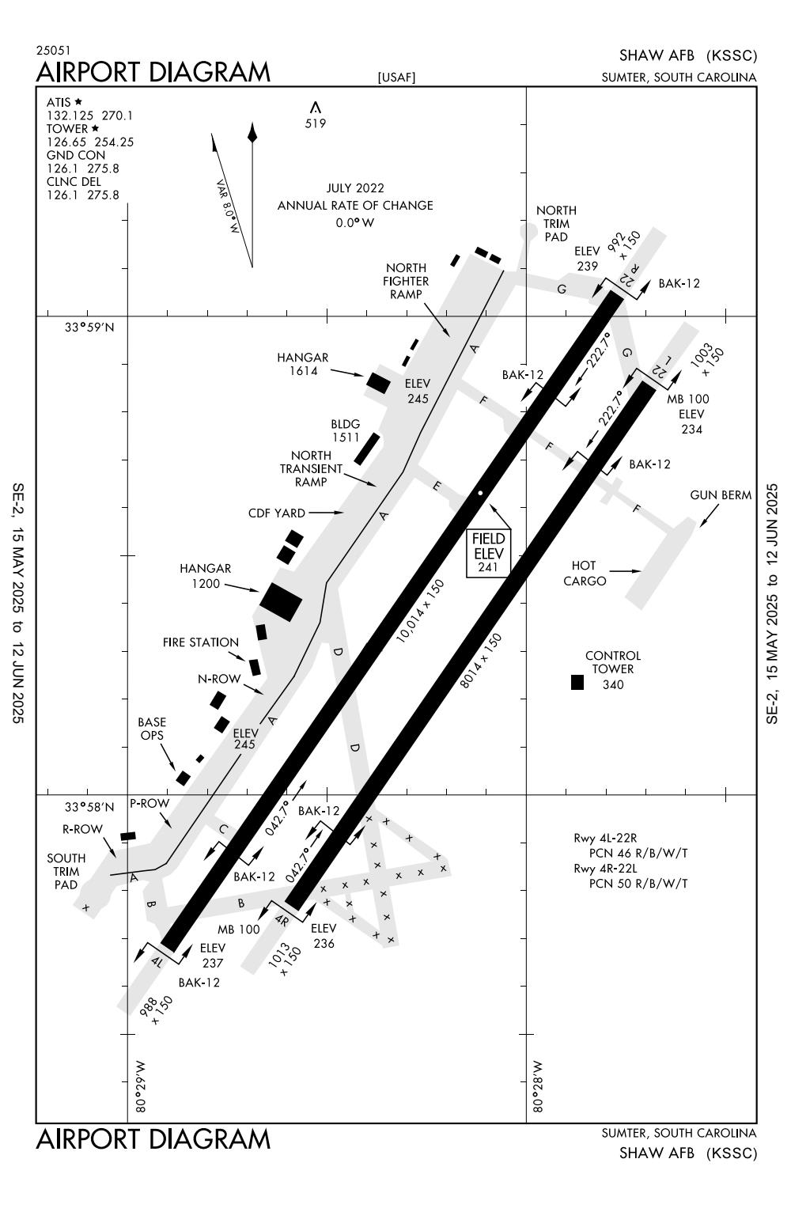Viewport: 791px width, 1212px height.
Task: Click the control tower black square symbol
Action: point(577,682)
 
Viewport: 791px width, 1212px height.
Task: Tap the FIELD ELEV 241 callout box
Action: point(489,553)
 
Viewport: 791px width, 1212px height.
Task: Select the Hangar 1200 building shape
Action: point(281,602)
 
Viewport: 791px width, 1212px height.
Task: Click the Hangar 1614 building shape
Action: point(378,383)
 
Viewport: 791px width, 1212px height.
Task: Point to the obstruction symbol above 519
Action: point(316,107)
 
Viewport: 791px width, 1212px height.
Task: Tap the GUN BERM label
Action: point(721,494)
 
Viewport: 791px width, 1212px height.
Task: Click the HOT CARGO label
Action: point(585,573)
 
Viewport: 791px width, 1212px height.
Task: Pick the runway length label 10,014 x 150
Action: point(420,611)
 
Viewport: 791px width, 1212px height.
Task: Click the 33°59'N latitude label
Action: point(89,328)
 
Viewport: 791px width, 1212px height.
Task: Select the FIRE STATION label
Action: point(201,642)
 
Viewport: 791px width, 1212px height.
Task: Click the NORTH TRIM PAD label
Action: point(556,223)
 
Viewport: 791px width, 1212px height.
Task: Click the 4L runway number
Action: point(157,961)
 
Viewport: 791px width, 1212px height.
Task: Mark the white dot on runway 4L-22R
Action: point(480,493)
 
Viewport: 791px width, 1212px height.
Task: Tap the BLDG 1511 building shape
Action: point(367,449)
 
